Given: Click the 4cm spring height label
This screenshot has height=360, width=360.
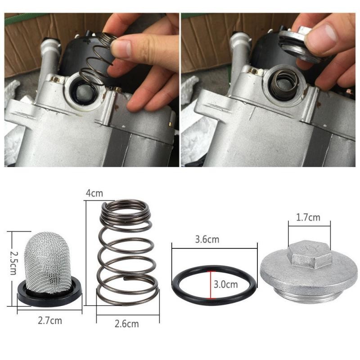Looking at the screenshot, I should coord(94,193).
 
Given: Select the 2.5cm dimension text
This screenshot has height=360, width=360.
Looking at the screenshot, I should coord(13,264).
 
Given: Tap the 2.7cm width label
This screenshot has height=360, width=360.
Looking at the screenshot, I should coord(49,321).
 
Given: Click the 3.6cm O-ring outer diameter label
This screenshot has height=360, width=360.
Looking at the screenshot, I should coord(207,239).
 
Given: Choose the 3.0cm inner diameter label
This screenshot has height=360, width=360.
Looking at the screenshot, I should coord(225,284).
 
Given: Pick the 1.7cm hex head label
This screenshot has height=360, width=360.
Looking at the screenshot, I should coord(308,218).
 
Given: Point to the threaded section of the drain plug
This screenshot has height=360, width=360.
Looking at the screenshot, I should coord(310,296).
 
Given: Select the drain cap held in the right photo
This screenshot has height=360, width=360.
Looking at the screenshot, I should coord(299,45).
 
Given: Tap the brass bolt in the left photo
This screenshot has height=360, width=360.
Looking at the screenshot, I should coord(56,80).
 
